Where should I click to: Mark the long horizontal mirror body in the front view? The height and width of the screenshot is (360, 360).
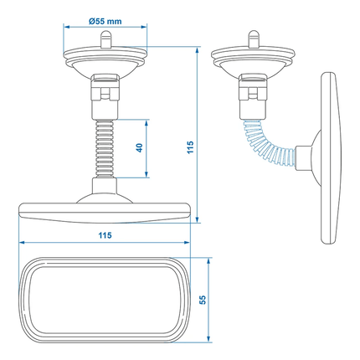105,212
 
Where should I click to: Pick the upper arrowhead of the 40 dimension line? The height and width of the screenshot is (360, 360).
148,121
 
